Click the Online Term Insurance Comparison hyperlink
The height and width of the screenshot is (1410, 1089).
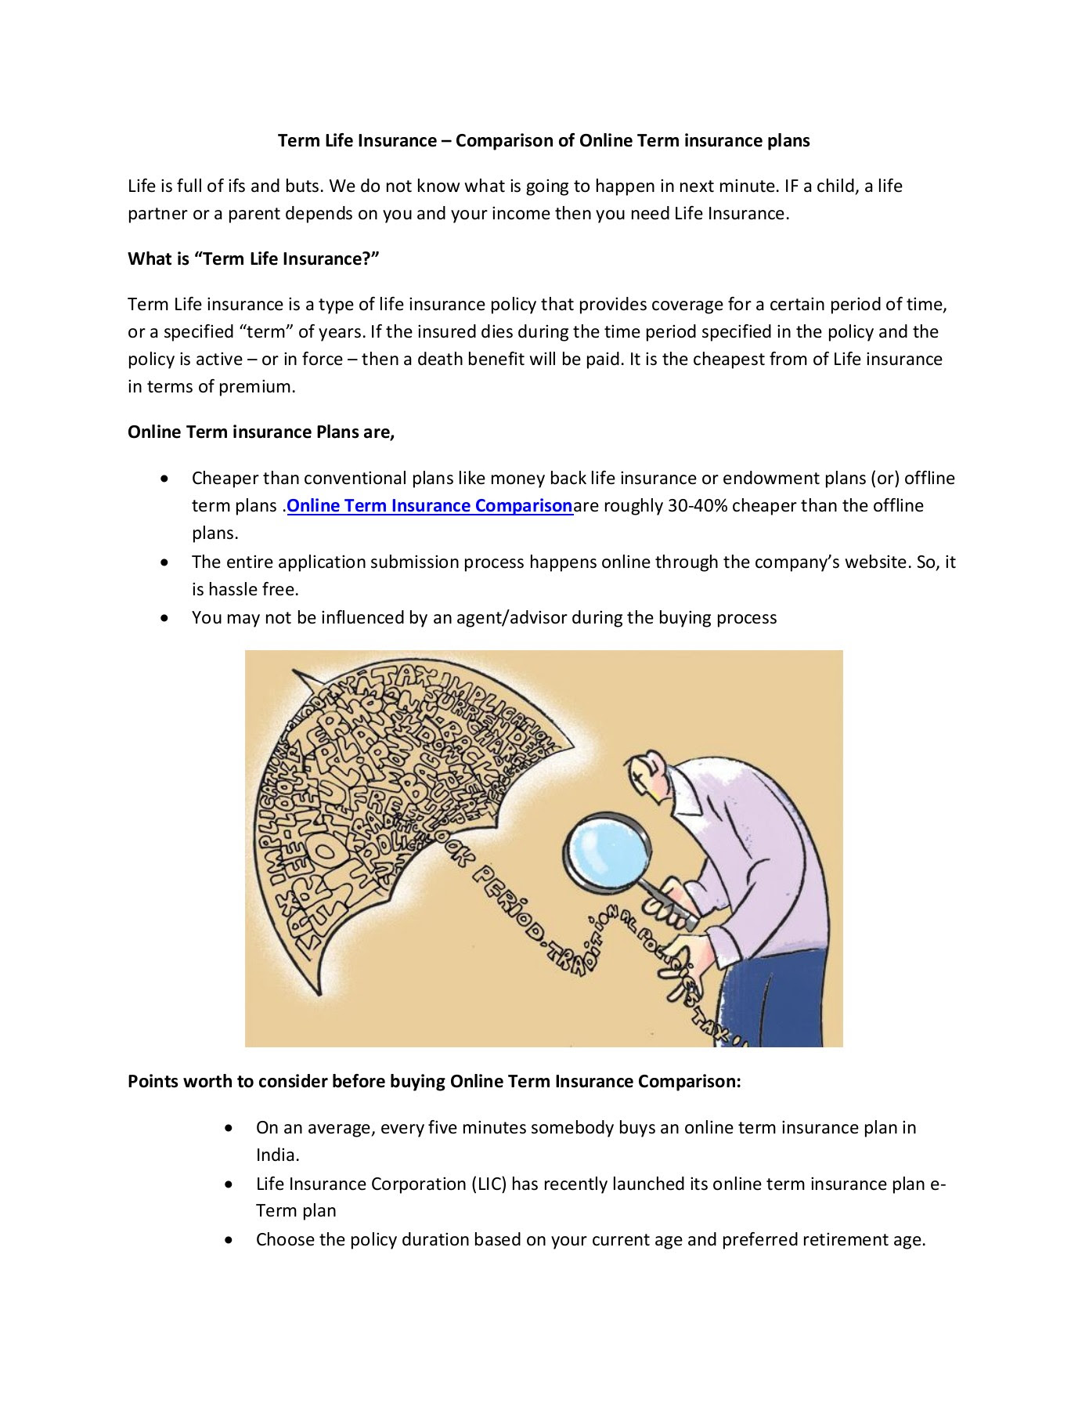[430, 506]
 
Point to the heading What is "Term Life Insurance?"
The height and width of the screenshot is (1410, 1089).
[254, 259]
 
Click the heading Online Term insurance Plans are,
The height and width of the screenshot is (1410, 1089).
[261, 432]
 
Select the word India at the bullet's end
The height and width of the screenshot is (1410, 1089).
[276, 1155]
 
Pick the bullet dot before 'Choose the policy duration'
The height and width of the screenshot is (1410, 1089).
[229, 1240]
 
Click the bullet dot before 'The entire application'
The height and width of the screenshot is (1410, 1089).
[164, 562]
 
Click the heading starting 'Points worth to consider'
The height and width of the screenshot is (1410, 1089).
[434, 1082]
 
